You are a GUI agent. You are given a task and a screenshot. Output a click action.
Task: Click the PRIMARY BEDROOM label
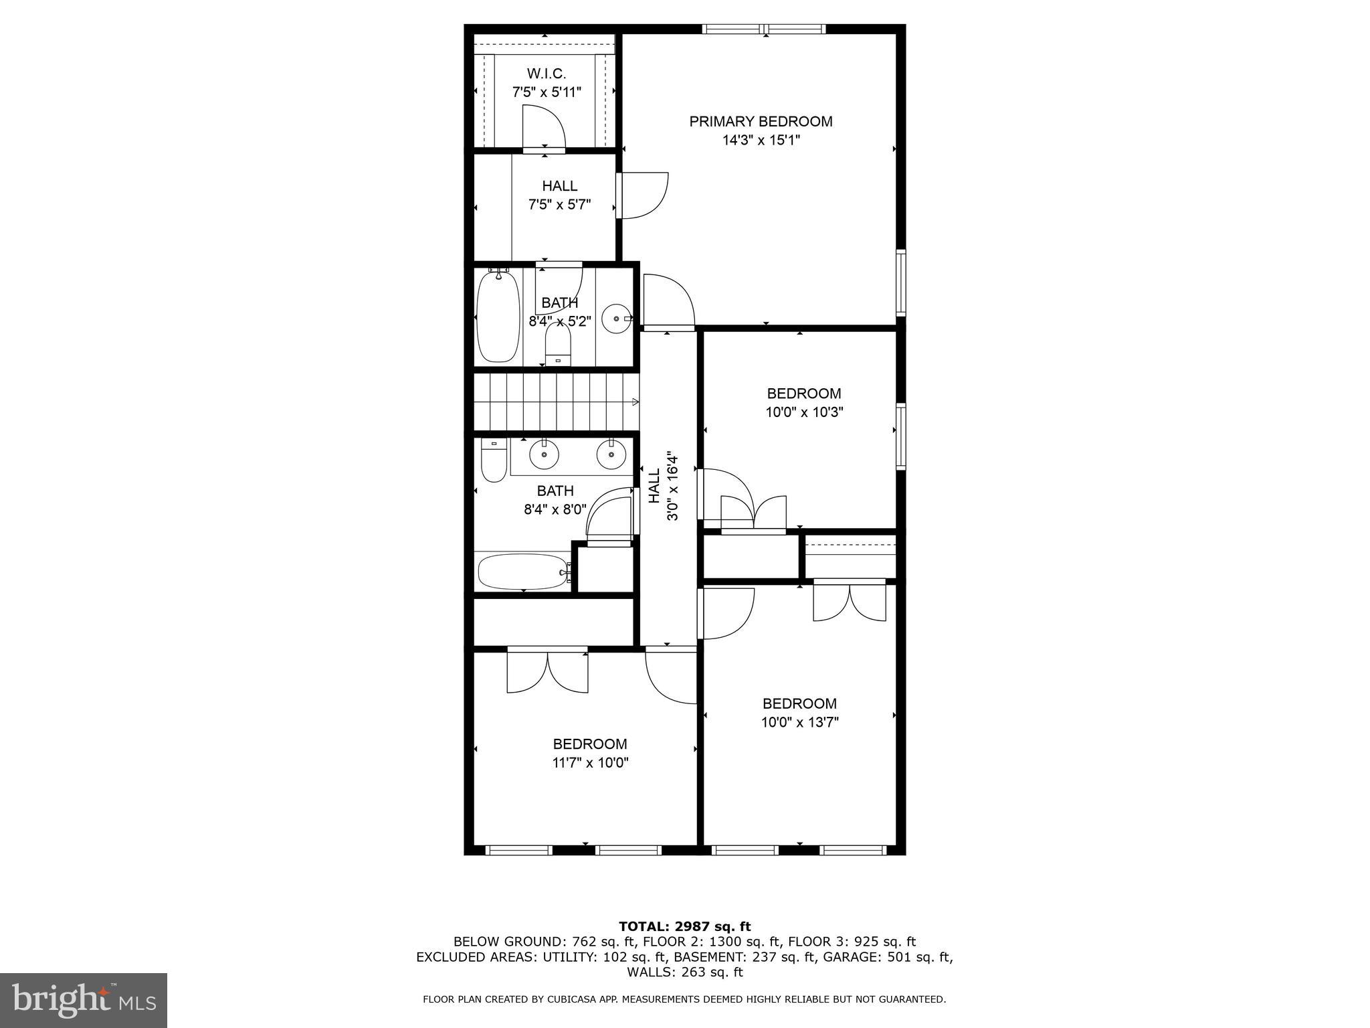tap(761, 122)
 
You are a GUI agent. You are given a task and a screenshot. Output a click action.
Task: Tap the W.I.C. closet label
tap(546, 74)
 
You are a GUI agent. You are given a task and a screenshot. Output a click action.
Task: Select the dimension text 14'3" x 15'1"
tap(761, 141)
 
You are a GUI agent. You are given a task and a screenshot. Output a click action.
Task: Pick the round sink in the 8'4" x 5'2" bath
tap(615, 319)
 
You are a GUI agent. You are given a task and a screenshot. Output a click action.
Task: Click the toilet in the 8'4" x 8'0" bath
tap(494, 461)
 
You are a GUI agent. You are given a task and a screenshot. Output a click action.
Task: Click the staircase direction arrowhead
tap(635, 402)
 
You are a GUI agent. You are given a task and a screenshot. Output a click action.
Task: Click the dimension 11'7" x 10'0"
tap(590, 762)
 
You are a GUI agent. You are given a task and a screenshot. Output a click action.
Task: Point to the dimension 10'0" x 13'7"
tap(799, 722)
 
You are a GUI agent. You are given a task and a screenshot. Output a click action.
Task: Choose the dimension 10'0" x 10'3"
tap(803, 412)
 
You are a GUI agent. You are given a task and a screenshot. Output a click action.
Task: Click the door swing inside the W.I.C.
tap(543, 127)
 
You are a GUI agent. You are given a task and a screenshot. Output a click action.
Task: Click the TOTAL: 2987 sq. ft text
tap(684, 926)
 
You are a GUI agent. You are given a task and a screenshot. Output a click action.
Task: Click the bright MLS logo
tap(84, 1000)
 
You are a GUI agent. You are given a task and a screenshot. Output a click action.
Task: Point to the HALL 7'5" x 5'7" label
tap(559, 195)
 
